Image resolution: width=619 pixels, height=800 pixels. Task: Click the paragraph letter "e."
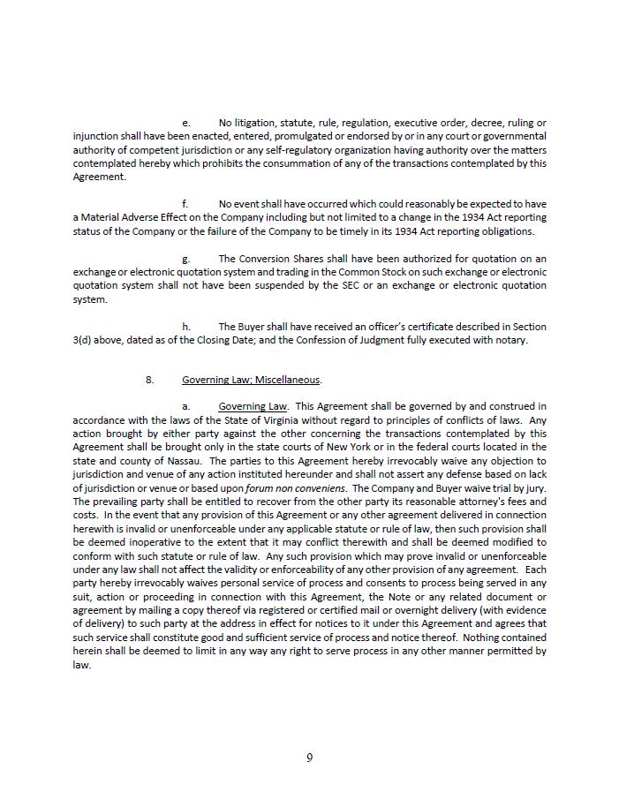click(185, 123)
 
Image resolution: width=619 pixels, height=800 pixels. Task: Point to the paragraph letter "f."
click(185, 204)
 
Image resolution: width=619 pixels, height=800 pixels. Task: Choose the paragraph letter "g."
click(185, 259)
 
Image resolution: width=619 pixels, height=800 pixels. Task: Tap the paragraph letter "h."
click(185, 327)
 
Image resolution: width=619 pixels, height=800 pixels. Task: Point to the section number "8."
click(150, 380)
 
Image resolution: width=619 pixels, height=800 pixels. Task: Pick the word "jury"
click(536, 488)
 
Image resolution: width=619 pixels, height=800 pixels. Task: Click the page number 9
click(309, 758)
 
